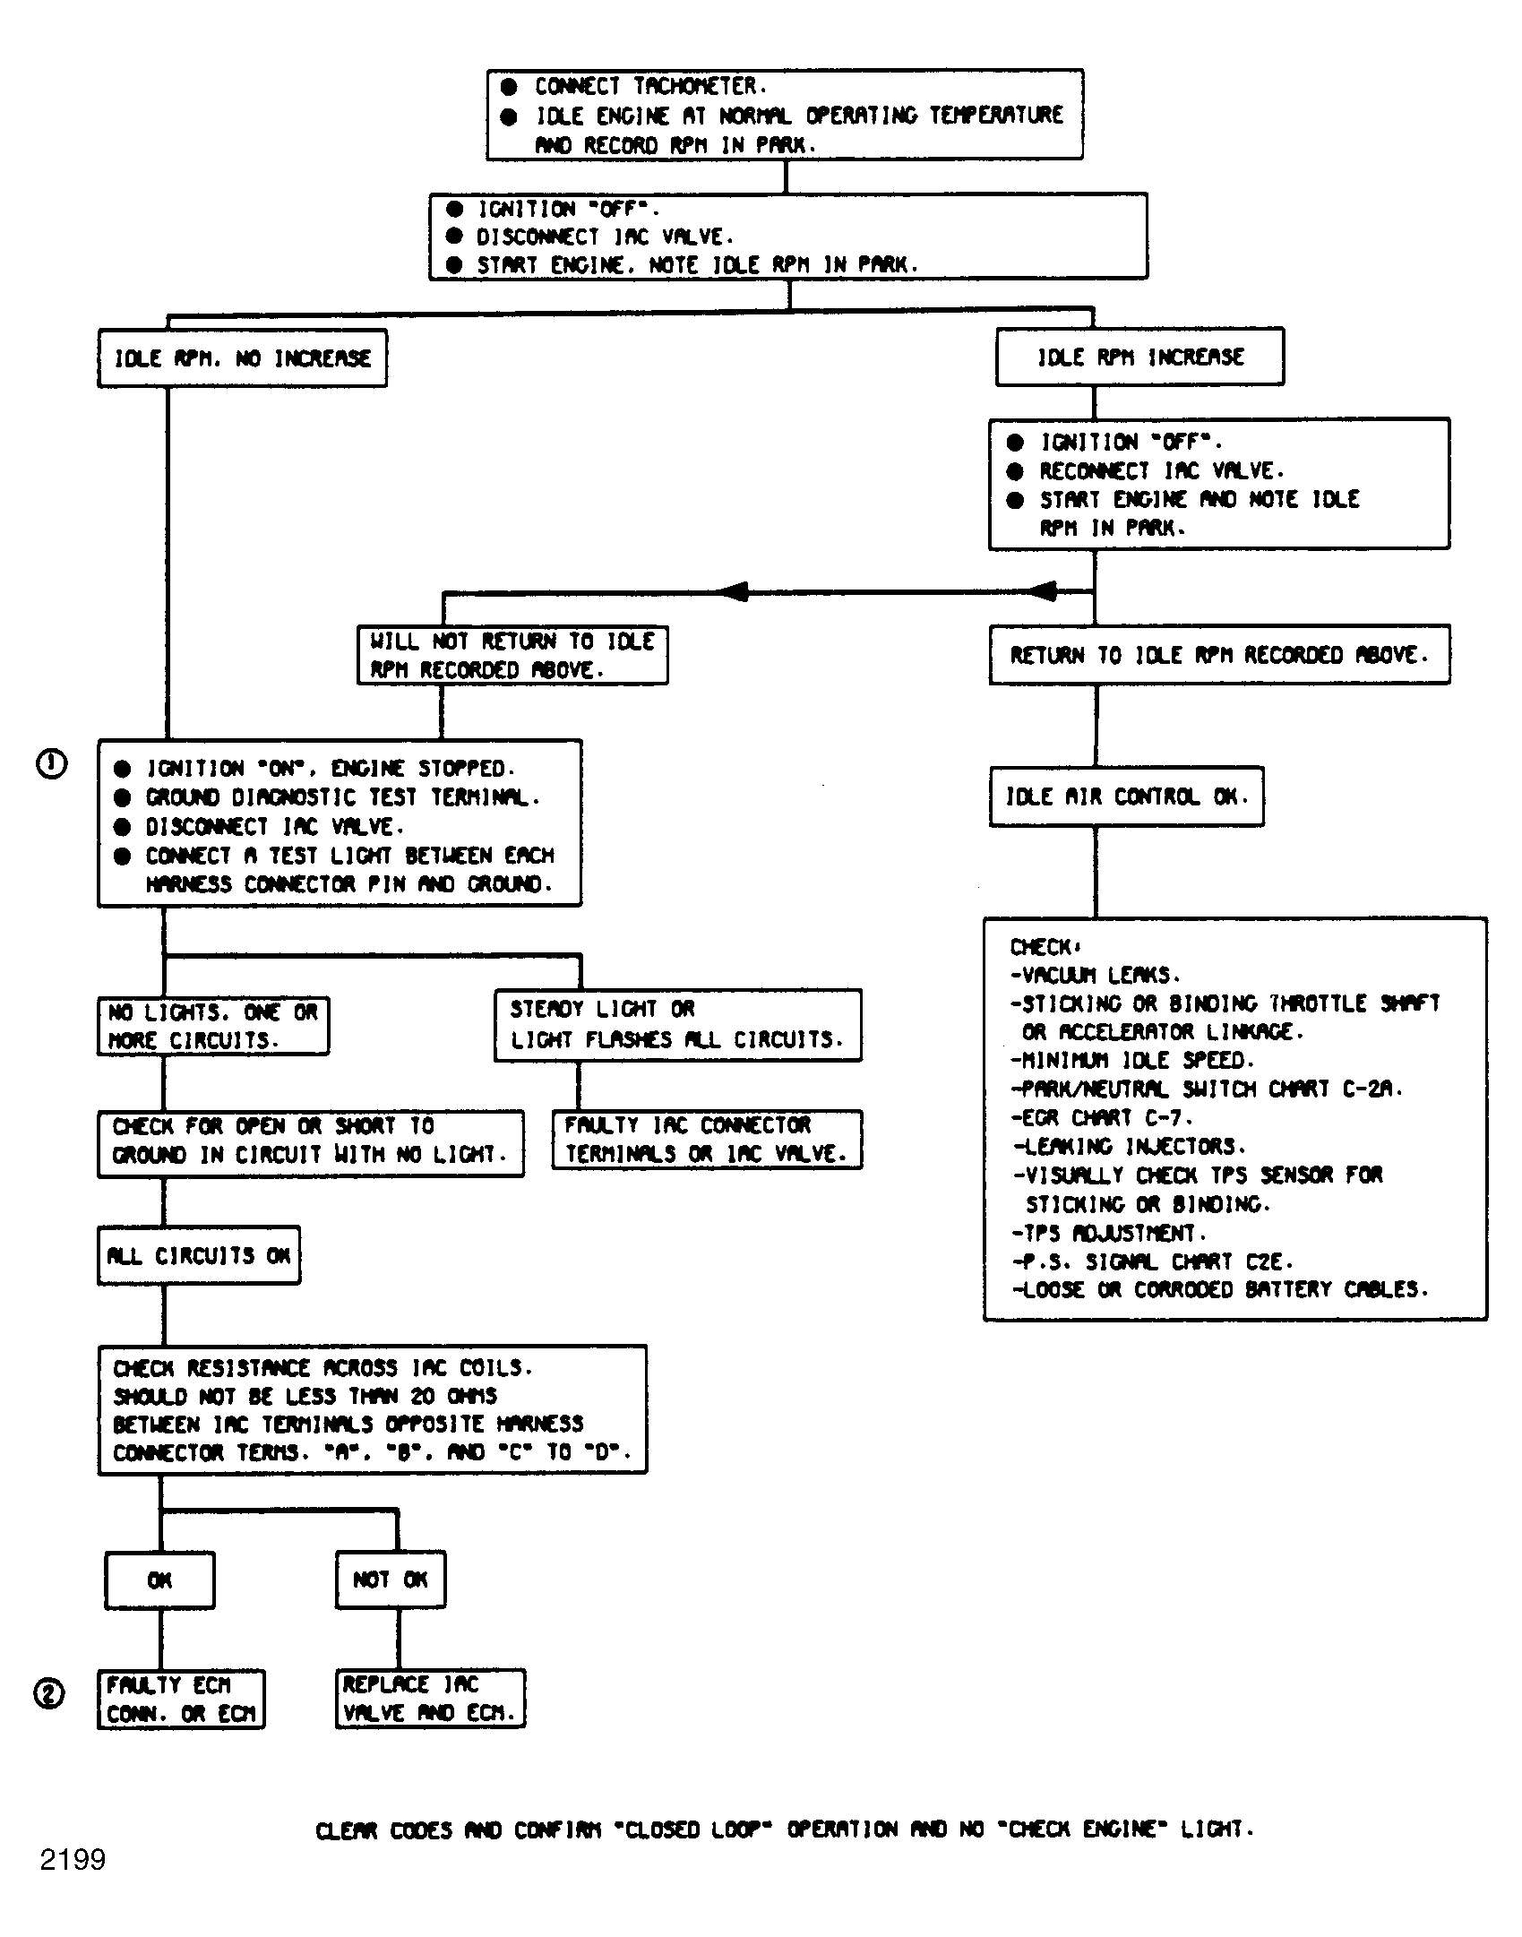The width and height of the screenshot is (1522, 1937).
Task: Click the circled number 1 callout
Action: (51, 764)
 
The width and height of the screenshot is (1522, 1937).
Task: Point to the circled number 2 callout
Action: (49, 1694)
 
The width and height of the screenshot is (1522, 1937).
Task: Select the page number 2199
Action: (73, 1860)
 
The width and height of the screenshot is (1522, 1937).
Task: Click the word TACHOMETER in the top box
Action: (695, 86)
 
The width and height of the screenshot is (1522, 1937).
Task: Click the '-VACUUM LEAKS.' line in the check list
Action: (1095, 975)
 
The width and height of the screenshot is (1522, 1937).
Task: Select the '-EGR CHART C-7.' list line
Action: (1102, 1118)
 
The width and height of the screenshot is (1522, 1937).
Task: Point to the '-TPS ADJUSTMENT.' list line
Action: (1109, 1233)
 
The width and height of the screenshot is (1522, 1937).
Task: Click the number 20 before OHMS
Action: (422, 1396)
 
